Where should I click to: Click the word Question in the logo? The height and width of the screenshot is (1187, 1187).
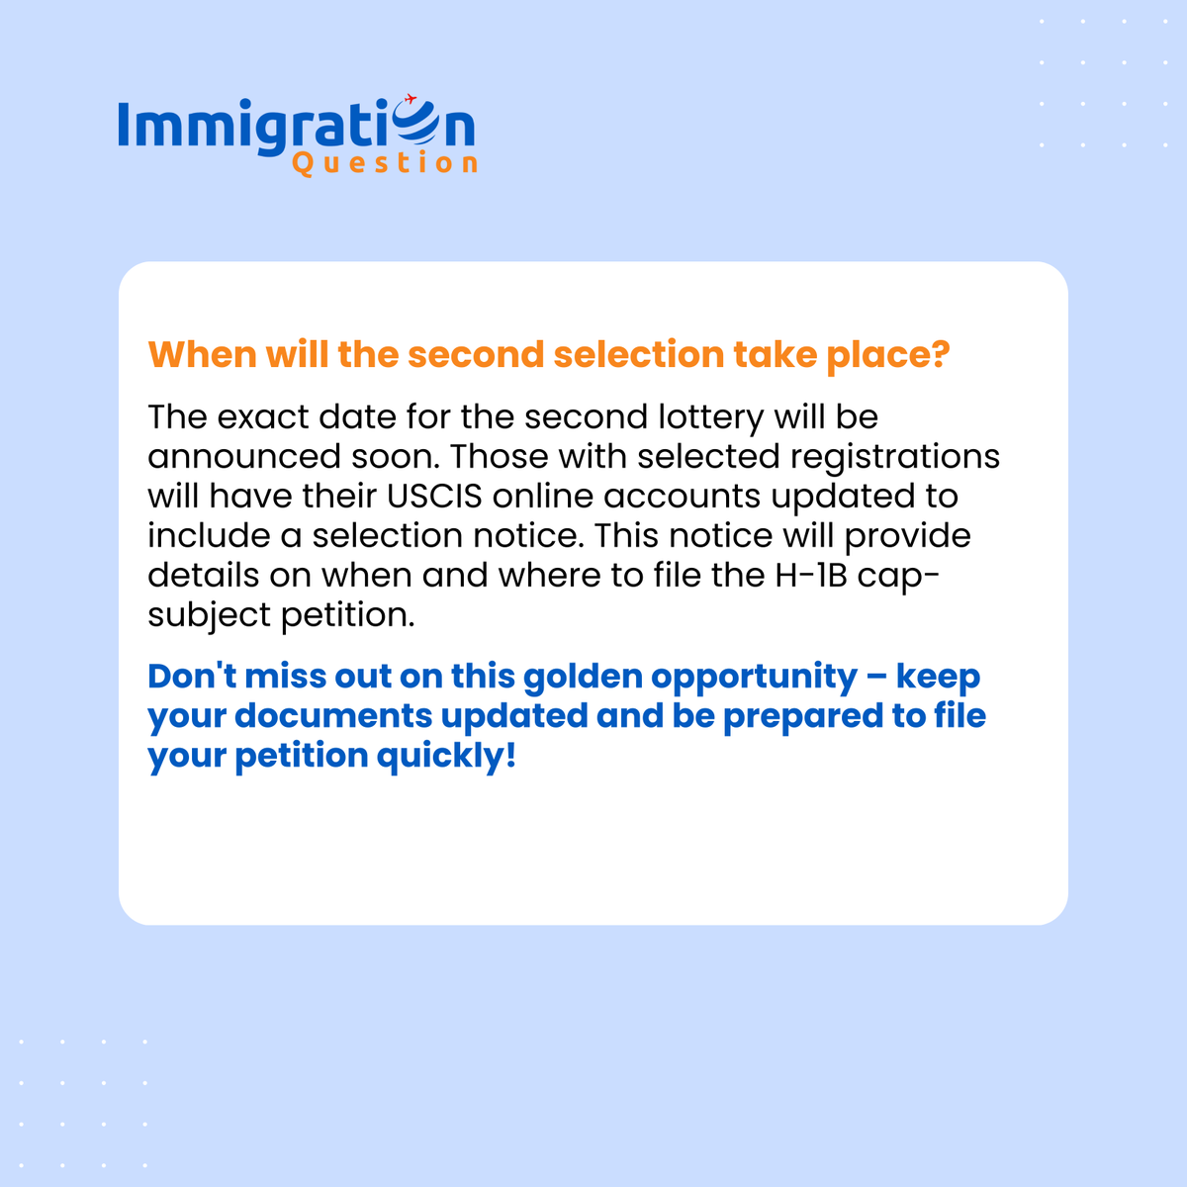[x=385, y=162]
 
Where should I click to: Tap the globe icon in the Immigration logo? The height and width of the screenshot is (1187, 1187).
[x=412, y=126]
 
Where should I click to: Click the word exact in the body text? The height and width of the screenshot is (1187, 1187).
[x=262, y=417]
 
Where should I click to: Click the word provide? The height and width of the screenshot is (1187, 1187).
[x=907, y=536]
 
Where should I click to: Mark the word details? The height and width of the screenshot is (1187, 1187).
[x=203, y=576]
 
